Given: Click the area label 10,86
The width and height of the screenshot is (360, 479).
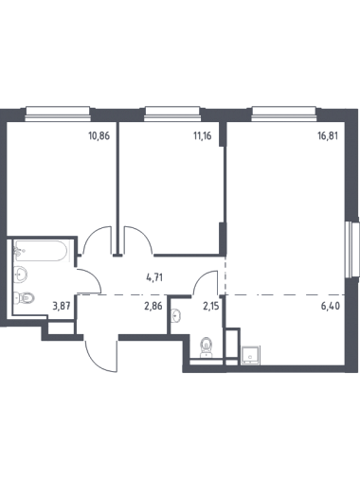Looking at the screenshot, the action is tap(99, 136).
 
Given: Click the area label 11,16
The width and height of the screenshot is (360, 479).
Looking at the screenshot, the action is tap(202, 136).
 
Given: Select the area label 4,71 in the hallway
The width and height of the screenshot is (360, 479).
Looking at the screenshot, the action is tap(154, 278).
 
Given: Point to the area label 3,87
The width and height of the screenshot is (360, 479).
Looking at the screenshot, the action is tap(61, 306).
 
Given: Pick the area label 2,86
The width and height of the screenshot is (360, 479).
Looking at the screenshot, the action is tap(153, 306).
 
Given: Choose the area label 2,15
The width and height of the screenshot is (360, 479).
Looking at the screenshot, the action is tap(211, 306).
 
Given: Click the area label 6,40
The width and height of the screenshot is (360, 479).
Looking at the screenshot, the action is tap(331, 306).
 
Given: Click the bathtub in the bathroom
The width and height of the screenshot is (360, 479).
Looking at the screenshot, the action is tap(41, 251).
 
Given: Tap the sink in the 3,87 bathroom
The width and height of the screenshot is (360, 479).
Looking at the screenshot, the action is tap(21, 275).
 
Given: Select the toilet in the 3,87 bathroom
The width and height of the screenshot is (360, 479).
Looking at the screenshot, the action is tap(24, 297).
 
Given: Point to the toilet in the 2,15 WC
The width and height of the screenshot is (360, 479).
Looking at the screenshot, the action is tap(207, 347).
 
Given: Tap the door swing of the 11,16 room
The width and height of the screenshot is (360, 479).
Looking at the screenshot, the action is tap(138, 240).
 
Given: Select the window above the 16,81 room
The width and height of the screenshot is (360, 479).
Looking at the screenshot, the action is tap(284, 114).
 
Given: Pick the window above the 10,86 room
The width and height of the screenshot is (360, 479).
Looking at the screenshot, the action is tap(58, 114).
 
